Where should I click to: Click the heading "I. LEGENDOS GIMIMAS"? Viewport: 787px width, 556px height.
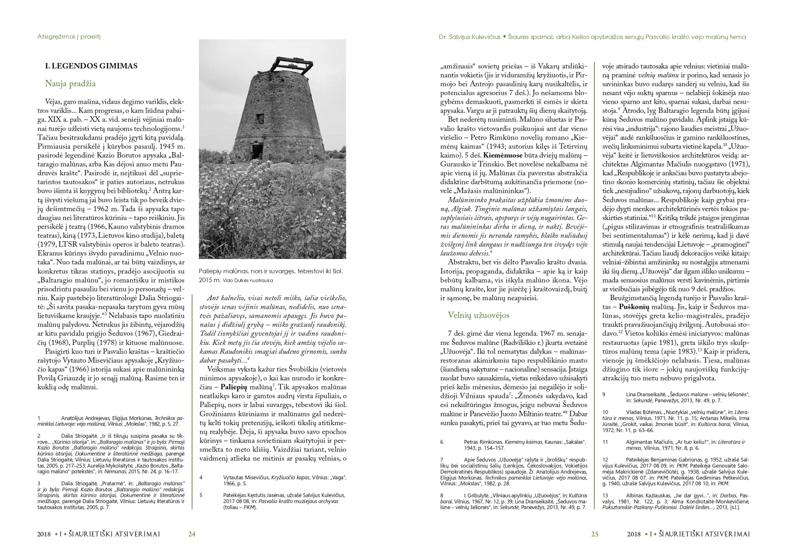(x=91, y=66)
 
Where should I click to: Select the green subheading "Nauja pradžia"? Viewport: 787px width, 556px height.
(x=70, y=84)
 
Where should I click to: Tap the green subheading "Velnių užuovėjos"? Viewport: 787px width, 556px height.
(x=478, y=315)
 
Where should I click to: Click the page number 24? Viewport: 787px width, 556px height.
(x=192, y=534)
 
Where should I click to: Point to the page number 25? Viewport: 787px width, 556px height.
(x=595, y=534)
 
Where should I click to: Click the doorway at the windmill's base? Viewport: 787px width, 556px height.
(x=256, y=150)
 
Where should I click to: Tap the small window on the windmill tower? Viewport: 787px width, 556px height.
(x=260, y=120)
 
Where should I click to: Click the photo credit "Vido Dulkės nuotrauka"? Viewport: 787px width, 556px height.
(x=248, y=280)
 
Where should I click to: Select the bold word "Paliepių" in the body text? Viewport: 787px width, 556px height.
(x=233, y=387)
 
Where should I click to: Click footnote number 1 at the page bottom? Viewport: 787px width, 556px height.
(x=39, y=418)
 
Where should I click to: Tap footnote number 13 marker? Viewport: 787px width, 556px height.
(x=605, y=495)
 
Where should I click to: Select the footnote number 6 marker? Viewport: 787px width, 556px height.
(x=442, y=441)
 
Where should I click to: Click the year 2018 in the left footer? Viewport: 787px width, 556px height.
(x=44, y=534)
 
